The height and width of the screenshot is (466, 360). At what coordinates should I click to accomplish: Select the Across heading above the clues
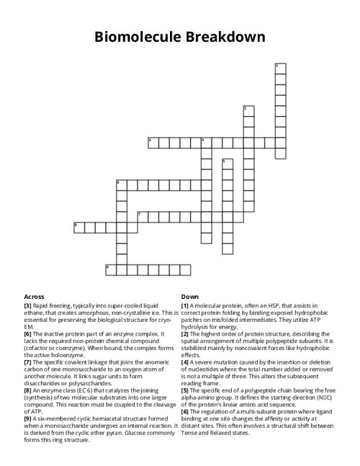click(x=34, y=296)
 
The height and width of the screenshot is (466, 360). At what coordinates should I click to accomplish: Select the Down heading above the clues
click(x=190, y=296)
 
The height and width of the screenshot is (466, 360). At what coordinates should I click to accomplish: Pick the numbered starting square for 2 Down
click(x=247, y=110)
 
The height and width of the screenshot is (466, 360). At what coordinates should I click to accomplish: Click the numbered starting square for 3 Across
click(x=152, y=142)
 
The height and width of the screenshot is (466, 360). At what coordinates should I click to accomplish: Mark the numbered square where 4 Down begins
click(x=205, y=142)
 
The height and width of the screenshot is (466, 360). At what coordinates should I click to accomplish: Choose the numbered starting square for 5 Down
click(x=226, y=163)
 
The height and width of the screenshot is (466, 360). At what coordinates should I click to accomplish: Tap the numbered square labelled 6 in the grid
click(x=120, y=184)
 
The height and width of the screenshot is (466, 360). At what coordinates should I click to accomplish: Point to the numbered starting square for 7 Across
click(x=141, y=216)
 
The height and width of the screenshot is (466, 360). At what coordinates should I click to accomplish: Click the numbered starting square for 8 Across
click(x=78, y=227)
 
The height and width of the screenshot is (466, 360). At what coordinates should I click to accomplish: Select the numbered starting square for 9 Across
click(x=109, y=269)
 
